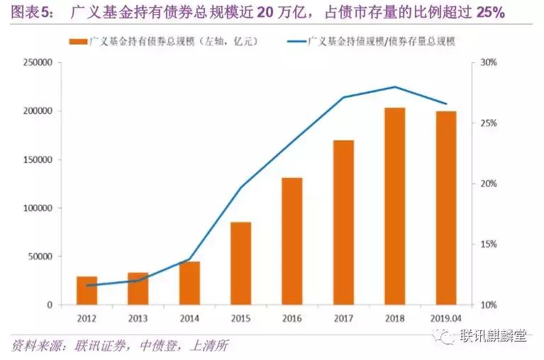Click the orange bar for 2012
[87, 291]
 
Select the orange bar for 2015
[240, 264]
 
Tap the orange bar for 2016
[292, 241]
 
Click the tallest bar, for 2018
[394, 206]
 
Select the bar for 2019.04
[445, 208]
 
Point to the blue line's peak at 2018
[394, 87]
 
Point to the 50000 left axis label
[40, 257]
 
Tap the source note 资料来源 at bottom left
[34, 346]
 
